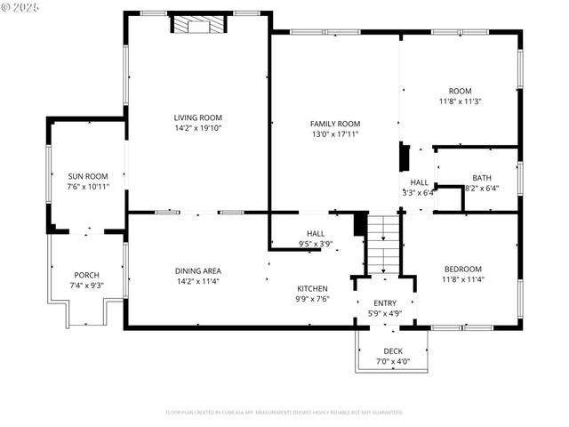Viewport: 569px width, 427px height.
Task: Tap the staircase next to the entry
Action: tap(384, 246)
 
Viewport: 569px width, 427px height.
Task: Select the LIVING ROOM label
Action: tap(197, 117)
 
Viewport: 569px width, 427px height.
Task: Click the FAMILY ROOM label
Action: tap(334, 124)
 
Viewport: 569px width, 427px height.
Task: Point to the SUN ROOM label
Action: tap(87, 176)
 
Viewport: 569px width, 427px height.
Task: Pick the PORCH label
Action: tap(86, 275)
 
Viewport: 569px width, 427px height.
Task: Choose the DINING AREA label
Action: tap(197, 270)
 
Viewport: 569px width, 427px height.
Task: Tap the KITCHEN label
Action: tap(312, 288)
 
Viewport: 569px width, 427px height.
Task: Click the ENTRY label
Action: tap(385, 303)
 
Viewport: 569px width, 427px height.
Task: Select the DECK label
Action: tap(392, 351)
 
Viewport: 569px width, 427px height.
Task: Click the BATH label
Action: tap(481, 178)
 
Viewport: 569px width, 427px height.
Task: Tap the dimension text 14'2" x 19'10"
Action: tap(197, 128)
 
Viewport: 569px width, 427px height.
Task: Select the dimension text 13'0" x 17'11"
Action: tap(334, 134)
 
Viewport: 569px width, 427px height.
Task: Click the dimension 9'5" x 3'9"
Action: tap(316, 244)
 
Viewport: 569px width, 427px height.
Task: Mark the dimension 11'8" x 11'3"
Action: tap(460, 101)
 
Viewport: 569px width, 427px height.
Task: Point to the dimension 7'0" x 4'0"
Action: tap(392, 362)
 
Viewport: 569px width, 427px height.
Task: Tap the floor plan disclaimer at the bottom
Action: tap(284, 413)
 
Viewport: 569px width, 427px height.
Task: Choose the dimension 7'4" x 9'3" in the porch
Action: tap(86, 286)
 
